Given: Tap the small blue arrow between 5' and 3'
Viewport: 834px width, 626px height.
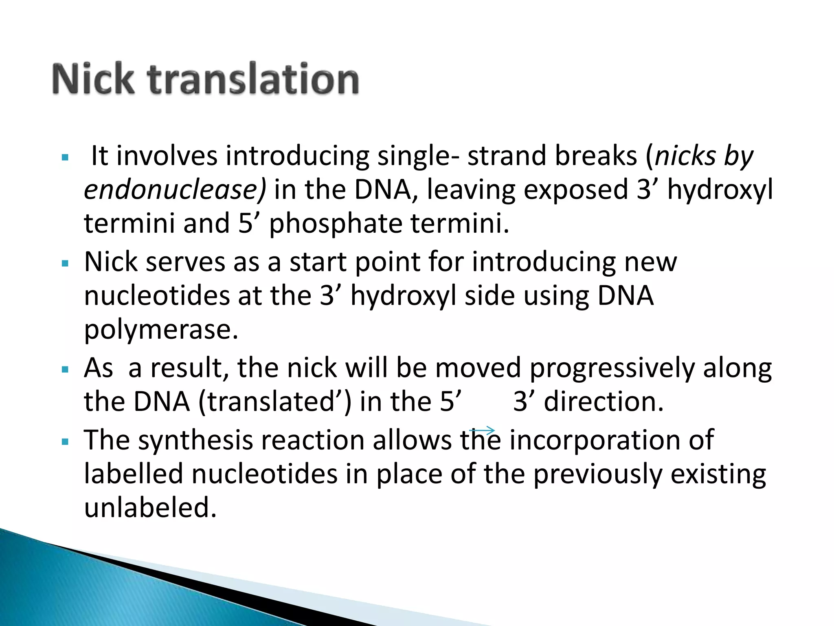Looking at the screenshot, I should point(482,430).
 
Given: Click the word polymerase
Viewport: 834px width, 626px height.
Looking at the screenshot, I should point(161,330).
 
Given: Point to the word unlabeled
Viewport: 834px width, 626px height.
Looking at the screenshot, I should point(150,508).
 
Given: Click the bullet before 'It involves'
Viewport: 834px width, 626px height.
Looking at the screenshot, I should point(65,157).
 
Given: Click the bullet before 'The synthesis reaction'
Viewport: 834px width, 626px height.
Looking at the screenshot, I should point(65,442).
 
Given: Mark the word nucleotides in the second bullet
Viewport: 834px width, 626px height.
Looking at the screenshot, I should point(157,296).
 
